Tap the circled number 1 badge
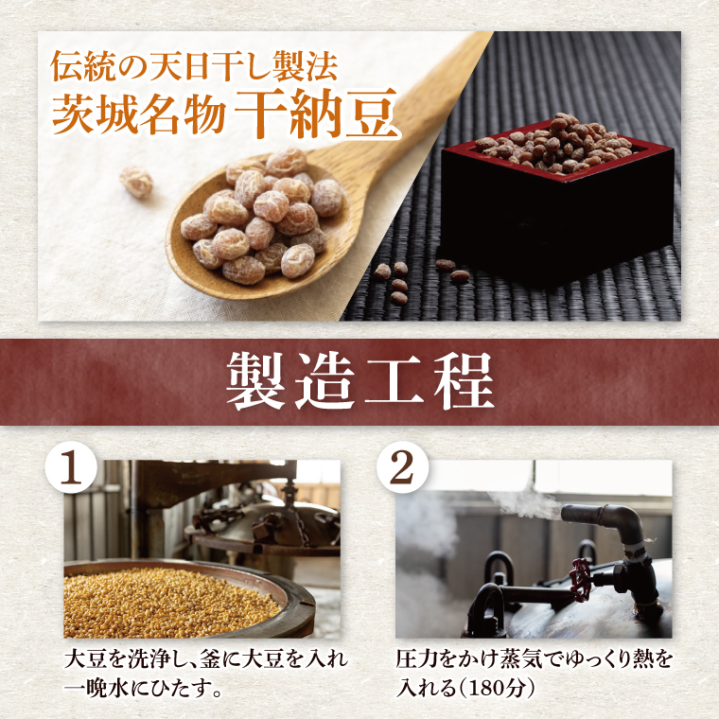pos(71,468)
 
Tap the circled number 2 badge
pos(402,468)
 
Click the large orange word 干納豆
pos(316,113)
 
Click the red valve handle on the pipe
pos(580,580)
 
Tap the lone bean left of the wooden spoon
pos(136,182)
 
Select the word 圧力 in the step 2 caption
pos(417,659)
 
